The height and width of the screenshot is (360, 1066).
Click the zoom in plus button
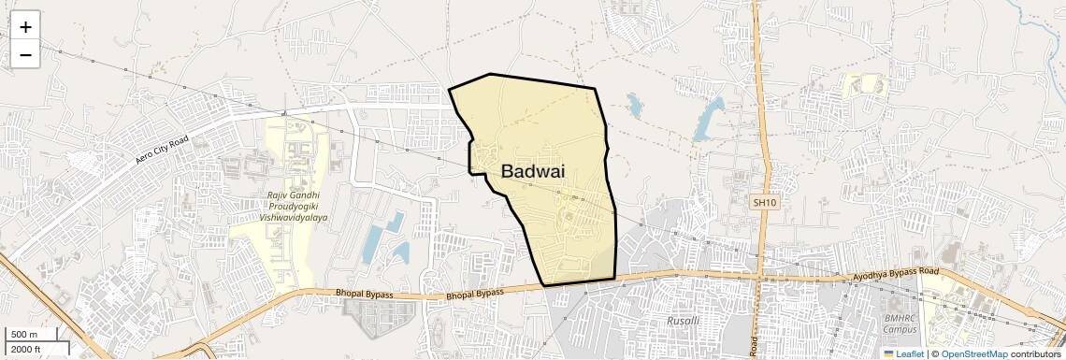coord(25,27)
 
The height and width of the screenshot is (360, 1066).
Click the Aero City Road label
coord(162,150)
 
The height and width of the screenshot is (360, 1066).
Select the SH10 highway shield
coord(764,202)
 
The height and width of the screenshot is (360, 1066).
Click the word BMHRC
coord(900,318)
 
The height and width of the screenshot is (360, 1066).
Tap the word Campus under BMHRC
coord(900,329)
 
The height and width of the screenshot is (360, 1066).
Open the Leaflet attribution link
coord(910,353)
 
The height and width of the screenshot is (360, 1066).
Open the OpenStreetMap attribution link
coord(973,353)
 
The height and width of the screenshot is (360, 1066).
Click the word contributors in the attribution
coord(1036,353)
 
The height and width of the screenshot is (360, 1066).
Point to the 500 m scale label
coord(23,335)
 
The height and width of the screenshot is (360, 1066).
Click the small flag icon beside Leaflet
coord(889,353)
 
